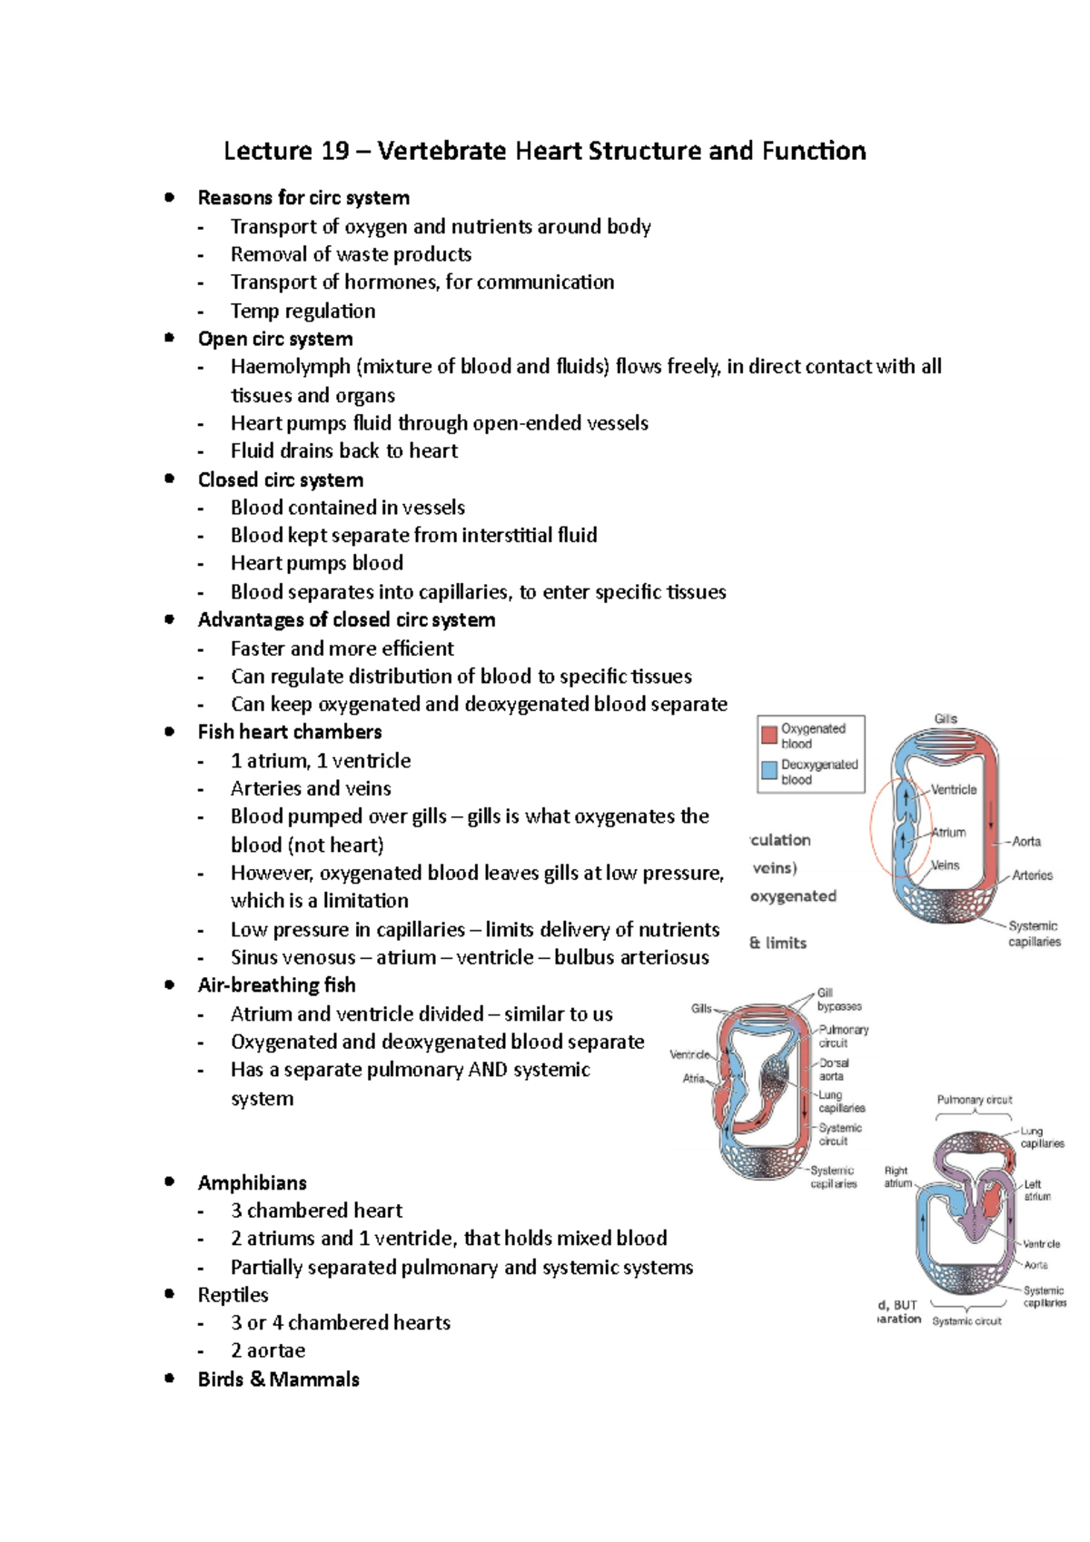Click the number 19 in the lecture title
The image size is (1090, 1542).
[x=334, y=151]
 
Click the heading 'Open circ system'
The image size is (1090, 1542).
[x=275, y=339]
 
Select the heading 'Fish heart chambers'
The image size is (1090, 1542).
[x=290, y=732]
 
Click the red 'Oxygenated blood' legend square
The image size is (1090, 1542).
[x=769, y=734]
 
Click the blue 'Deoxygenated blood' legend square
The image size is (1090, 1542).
[x=769, y=770]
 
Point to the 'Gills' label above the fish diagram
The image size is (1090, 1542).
[x=946, y=718]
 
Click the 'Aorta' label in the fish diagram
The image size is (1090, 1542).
[x=1026, y=842]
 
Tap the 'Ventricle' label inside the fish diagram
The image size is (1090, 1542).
[x=954, y=789]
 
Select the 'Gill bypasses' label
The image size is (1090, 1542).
[x=838, y=1000]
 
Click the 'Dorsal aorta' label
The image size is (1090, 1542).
[x=834, y=1069]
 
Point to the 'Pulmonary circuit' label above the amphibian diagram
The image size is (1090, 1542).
[x=974, y=1100]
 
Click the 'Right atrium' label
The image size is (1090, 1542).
[x=897, y=1177]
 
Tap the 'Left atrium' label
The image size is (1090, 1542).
[x=1036, y=1191]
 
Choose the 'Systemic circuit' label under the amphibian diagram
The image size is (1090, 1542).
[x=966, y=1321]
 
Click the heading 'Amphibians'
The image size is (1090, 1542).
[x=253, y=1183]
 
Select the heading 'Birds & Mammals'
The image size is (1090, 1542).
[x=279, y=1379]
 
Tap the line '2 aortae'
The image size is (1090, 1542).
[x=268, y=1350]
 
